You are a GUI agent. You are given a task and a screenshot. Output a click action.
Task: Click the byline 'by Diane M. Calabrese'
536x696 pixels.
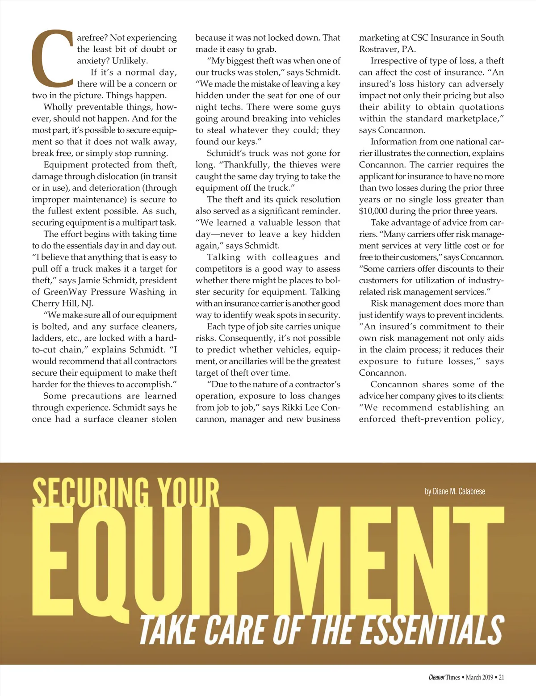tap(455, 491)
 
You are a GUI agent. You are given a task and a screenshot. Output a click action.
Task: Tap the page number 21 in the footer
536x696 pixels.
tap(501, 677)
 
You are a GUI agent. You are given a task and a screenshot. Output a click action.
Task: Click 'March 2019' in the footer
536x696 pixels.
tap(479, 677)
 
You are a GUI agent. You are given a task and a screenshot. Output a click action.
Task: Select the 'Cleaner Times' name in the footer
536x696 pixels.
tap(444, 677)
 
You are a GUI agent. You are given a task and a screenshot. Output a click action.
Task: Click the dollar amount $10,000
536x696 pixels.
tap(376, 211)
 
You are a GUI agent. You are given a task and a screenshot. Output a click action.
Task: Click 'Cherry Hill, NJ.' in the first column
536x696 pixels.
tap(63, 304)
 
